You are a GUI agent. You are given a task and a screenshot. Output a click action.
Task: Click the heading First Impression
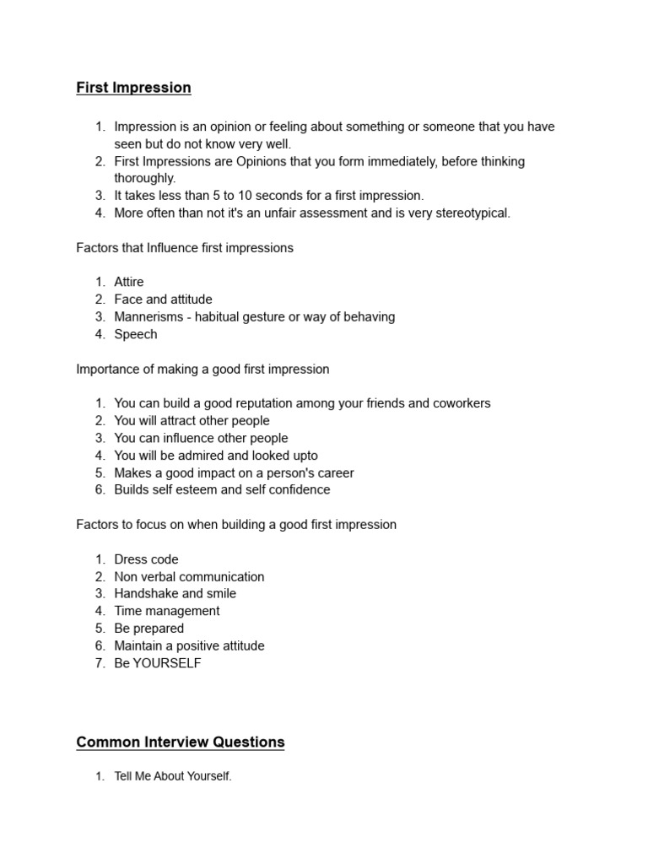point(133,88)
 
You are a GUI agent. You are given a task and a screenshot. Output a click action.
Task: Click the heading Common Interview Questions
point(180,742)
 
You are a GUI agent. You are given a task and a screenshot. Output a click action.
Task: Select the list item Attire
point(129,282)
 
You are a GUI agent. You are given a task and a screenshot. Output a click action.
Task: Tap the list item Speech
point(136,334)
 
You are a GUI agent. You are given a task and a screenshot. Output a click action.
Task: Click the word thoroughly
point(145,178)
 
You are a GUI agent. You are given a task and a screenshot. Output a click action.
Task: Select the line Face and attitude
point(163,300)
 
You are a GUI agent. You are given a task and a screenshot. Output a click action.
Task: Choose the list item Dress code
point(146,559)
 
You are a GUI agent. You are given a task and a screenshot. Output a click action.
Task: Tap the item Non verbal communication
point(189,577)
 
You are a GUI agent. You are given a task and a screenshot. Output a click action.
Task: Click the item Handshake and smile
point(175,594)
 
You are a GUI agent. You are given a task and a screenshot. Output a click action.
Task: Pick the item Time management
point(166,611)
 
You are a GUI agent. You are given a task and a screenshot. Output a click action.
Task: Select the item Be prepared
point(148,629)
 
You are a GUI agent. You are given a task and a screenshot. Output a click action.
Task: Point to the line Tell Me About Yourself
point(172,776)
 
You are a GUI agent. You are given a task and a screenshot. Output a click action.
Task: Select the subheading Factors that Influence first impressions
point(185,248)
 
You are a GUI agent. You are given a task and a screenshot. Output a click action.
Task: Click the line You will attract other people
point(192,421)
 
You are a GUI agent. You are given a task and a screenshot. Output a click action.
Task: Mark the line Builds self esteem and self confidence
point(222,490)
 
